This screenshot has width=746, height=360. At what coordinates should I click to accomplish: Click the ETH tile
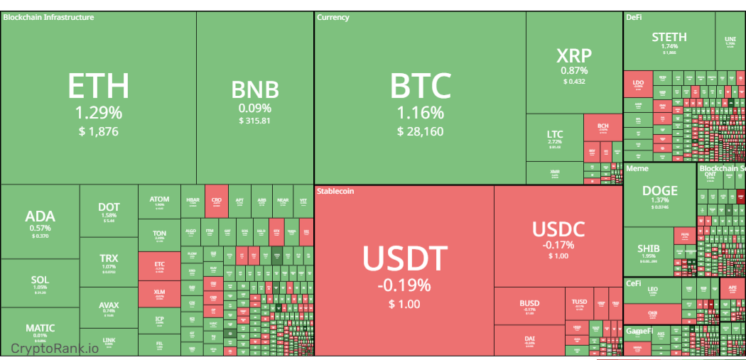[x=98, y=99]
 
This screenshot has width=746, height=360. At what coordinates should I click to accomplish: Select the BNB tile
[x=255, y=99]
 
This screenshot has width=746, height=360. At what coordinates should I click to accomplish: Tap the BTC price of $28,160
[x=420, y=131]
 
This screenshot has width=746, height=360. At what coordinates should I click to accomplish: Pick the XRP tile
[x=574, y=64]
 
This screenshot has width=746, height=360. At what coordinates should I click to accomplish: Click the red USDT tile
[x=404, y=270]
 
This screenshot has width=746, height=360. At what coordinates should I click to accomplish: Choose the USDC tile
[x=558, y=238]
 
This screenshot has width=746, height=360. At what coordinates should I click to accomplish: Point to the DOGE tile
[x=659, y=195]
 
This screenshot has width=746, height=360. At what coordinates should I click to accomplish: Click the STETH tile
[x=669, y=41]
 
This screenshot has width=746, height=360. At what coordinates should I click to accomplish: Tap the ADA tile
[x=40, y=222]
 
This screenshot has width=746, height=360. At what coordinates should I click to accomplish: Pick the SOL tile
[x=40, y=283]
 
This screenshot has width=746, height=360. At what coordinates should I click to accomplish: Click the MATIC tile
[x=40, y=331]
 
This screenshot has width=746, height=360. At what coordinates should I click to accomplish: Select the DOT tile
[x=109, y=211]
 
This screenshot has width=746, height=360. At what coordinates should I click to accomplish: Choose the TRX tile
[x=109, y=262]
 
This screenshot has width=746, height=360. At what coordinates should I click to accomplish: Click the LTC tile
[x=555, y=138]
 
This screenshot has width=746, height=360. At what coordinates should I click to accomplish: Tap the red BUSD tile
[x=529, y=305]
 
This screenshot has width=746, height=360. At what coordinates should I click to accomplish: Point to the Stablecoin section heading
[x=335, y=191]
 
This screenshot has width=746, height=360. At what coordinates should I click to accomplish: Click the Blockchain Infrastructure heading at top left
[x=48, y=17]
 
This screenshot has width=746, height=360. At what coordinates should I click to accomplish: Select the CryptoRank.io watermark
[x=55, y=348]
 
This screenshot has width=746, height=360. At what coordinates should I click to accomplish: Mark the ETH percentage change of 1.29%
[x=98, y=112]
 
